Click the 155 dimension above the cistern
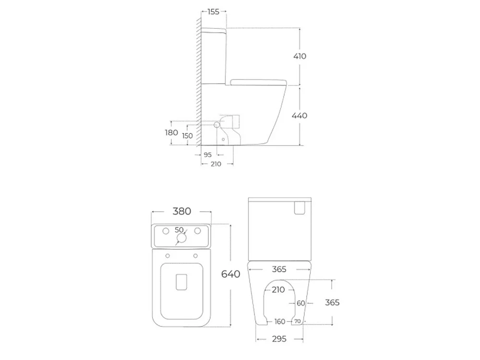(x=214, y=12)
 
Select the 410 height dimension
(x=300, y=56)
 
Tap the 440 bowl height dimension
(x=300, y=115)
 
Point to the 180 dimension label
(x=171, y=132)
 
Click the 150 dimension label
(x=187, y=136)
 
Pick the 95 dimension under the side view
(x=207, y=155)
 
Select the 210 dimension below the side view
(x=216, y=164)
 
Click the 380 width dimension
(x=182, y=211)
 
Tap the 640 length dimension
(x=231, y=274)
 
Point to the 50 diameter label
(x=179, y=229)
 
